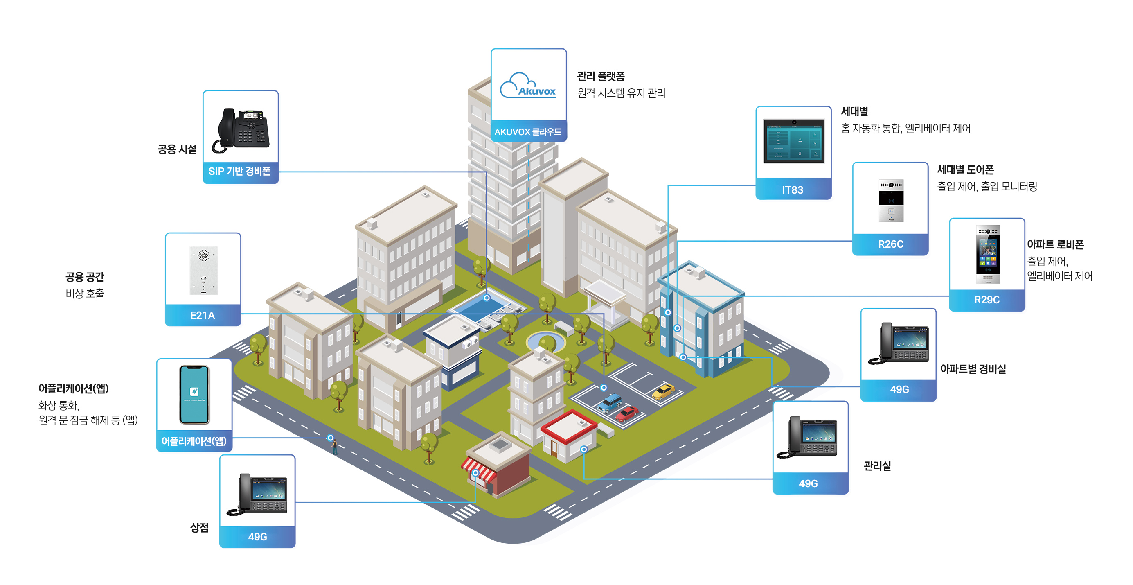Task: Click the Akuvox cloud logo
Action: point(528,86)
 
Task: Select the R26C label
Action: point(891,244)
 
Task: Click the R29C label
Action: point(987,300)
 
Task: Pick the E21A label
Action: point(202,315)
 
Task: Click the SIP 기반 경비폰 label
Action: point(239,171)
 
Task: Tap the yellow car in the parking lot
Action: point(663,391)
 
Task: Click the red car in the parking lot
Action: point(626,413)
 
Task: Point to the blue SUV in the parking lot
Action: point(610,403)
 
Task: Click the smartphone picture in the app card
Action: point(194,394)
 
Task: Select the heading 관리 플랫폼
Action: point(601,77)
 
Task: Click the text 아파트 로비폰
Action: point(1055,244)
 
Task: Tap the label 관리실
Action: point(877,466)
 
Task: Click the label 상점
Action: point(199,527)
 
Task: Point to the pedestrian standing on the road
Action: point(335,447)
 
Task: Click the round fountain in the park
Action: point(546,341)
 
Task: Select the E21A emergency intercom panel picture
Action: point(203,270)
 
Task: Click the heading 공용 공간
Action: point(85,277)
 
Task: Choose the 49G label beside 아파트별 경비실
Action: point(899,389)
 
